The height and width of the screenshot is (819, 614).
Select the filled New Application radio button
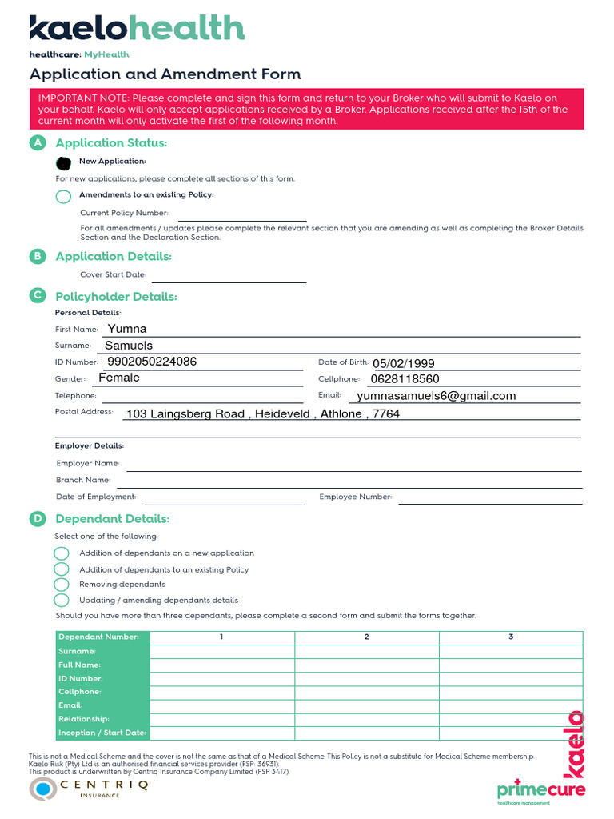(x=63, y=162)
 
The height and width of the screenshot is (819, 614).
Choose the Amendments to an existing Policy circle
(x=63, y=197)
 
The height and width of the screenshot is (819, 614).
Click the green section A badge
(x=37, y=142)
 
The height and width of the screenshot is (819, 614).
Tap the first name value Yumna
(x=127, y=329)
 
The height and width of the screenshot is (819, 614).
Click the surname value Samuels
(x=129, y=346)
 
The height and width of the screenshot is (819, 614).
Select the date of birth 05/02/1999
(x=403, y=363)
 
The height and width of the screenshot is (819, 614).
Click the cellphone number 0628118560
(x=405, y=379)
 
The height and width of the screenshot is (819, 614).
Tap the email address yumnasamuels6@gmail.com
(x=436, y=396)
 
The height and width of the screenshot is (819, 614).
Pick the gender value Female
(x=119, y=378)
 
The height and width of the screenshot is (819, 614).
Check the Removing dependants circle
(x=62, y=585)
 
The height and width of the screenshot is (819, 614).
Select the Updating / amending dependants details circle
(x=62, y=600)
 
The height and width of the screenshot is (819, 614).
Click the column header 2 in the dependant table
(x=366, y=637)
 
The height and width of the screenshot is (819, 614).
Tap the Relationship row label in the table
(x=84, y=719)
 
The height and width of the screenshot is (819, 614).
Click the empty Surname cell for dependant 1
(x=221, y=651)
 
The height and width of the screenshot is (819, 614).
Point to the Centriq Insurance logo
(x=89, y=788)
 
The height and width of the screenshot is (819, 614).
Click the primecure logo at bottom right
(x=540, y=789)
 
